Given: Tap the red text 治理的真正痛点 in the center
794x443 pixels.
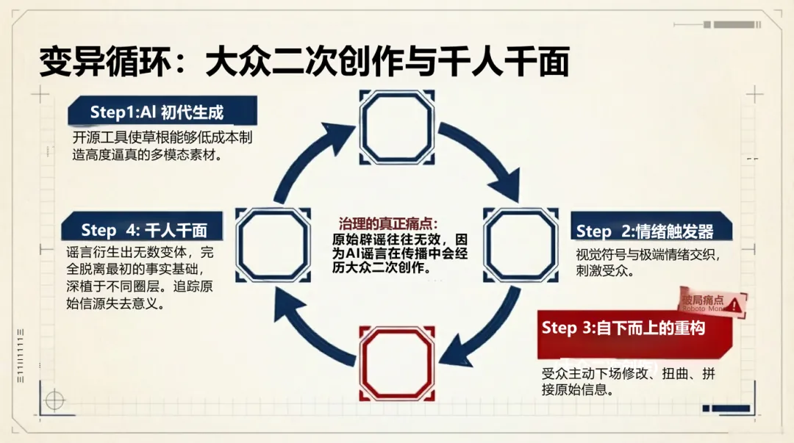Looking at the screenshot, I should click(x=388, y=223).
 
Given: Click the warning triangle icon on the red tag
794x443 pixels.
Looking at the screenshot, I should click(x=734, y=303).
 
